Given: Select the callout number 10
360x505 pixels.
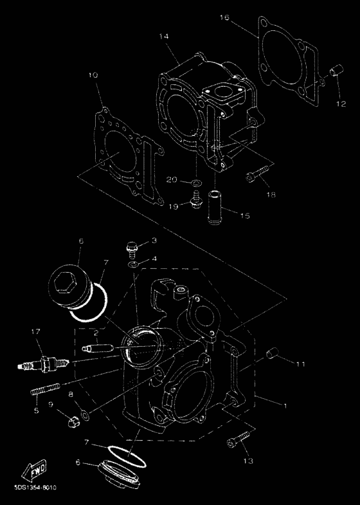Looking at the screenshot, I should tap(93, 76).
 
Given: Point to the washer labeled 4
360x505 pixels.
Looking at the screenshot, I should tap(132, 264).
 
